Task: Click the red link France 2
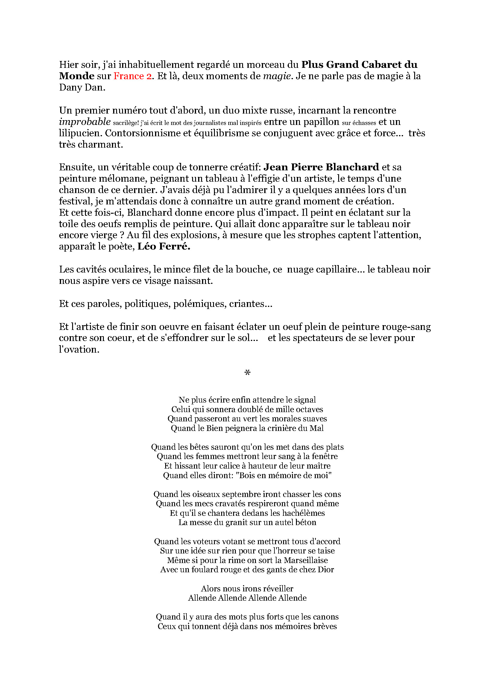pyautogui.click(x=132, y=76)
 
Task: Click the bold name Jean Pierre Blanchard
pyautogui.click(x=321, y=167)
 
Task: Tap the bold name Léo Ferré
pyautogui.click(x=164, y=246)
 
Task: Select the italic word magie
pyautogui.click(x=278, y=76)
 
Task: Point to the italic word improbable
pyautogui.click(x=84, y=122)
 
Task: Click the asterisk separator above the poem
pyautogui.click(x=247, y=372)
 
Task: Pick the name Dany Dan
pyautogui.click(x=82, y=88)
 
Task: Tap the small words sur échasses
pyautogui.click(x=359, y=123)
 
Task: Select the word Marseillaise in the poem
pyautogui.click(x=306, y=560)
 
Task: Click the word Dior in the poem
pyautogui.click(x=326, y=570)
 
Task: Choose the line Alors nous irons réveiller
pyautogui.click(x=247, y=588)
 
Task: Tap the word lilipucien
pyautogui.click(x=80, y=133)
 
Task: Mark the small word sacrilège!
pyautogui.click(x=126, y=123)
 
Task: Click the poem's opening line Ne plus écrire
pyautogui.click(x=247, y=400)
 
